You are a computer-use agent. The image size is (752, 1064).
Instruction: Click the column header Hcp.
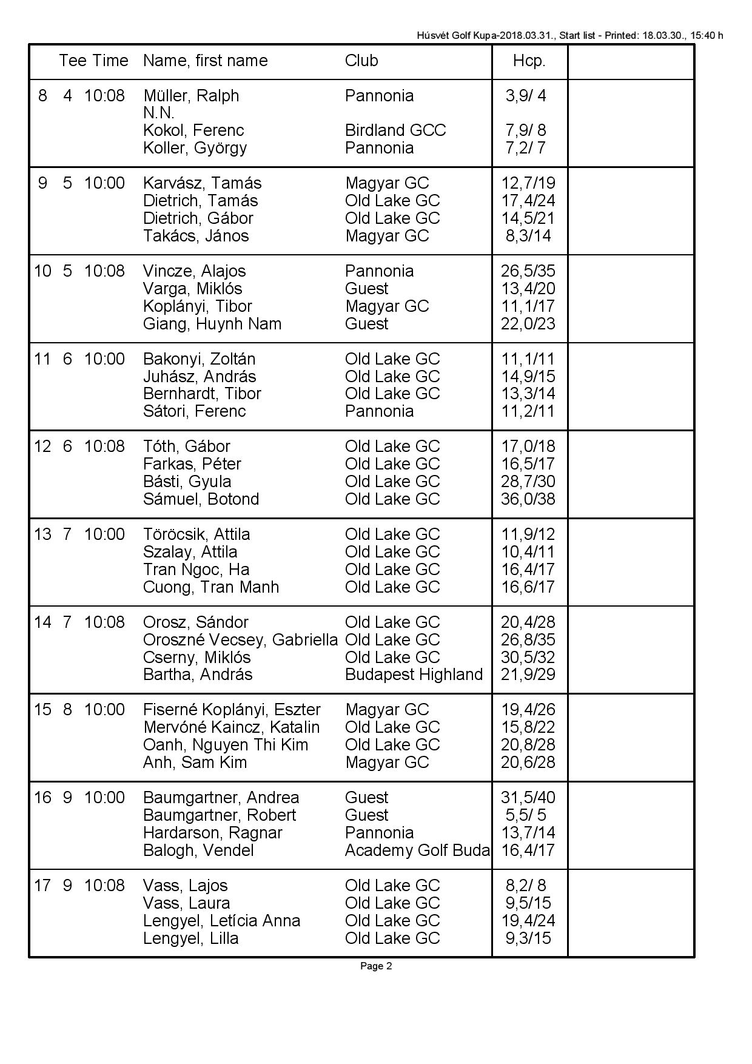tap(529, 61)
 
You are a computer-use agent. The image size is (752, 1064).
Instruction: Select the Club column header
tap(361, 61)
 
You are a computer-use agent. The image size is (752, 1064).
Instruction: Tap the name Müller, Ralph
tap(191, 96)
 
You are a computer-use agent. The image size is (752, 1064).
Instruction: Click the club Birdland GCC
tap(395, 130)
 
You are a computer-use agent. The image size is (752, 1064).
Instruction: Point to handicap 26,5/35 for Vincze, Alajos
tap(528, 271)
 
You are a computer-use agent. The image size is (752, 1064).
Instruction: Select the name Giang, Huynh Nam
tap(212, 324)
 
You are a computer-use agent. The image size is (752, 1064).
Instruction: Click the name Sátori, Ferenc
tap(195, 411)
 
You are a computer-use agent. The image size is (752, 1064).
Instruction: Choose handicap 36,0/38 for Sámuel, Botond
tap(528, 499)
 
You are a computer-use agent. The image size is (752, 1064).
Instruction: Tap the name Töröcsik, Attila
tap(196, 534)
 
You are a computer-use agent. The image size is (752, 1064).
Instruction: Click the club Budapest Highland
tap(414, 675)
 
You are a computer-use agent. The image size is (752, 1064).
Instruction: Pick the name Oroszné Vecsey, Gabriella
tap(240, 640)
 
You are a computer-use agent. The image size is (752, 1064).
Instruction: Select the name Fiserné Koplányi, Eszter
tap(232, 710)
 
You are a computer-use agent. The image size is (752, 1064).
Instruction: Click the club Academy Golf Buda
tap(417, 850)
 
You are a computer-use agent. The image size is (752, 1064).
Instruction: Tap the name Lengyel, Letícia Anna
tap(221, 921)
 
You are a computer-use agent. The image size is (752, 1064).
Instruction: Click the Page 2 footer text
tap(376, 966)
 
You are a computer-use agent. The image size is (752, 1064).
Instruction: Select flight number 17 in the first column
tap(42, 886)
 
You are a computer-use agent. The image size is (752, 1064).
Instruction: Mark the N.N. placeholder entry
tap(159, 113)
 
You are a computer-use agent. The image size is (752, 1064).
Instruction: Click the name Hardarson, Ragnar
tap(213, 833)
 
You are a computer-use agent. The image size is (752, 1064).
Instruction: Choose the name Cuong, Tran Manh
tap(211, 587)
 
